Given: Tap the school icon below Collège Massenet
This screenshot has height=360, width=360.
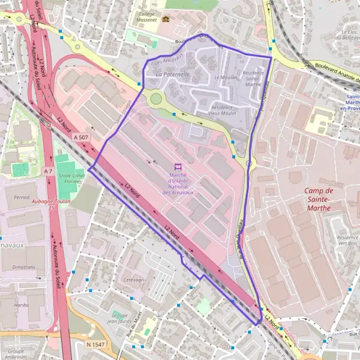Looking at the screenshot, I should coord(166,18).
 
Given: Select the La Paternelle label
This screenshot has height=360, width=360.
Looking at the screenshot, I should coord(172,74).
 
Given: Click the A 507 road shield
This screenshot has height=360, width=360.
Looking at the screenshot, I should coord(80,137).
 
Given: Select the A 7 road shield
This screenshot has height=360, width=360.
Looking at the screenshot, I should coord(49,172).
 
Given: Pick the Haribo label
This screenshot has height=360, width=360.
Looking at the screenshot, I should coord(13,305).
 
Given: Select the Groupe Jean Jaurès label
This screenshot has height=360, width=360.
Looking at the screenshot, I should coord(122,318).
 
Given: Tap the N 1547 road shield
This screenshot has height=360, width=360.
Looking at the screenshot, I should coord(96,344).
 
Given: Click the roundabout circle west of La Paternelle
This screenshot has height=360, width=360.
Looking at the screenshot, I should coord(157,98).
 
